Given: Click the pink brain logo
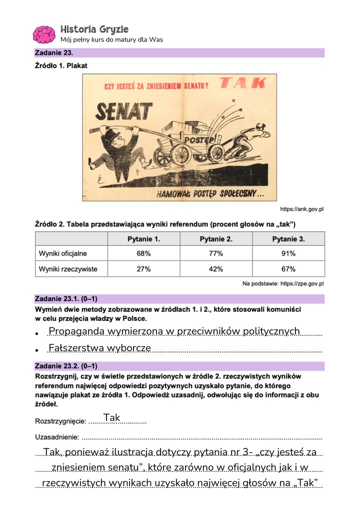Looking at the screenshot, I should coord(44,34).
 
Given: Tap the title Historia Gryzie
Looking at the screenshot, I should coord(94,29).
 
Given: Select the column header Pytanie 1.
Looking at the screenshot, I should coord(143,239).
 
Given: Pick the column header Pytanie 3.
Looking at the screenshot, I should coord(288,239).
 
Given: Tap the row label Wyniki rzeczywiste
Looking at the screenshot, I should coord(68,269).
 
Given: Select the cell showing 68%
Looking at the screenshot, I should coord(143,253).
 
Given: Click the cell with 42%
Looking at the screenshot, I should coord(216,269).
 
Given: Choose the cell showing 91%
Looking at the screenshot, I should coord(288,253).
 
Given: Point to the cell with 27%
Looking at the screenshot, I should coord(143,269).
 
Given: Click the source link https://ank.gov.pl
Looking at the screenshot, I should coord(302,209).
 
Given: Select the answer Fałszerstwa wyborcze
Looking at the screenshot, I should coord(99,348).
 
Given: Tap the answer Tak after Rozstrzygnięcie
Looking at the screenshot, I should coord(111,417).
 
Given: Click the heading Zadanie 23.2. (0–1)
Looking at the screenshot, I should coord(66,366).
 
